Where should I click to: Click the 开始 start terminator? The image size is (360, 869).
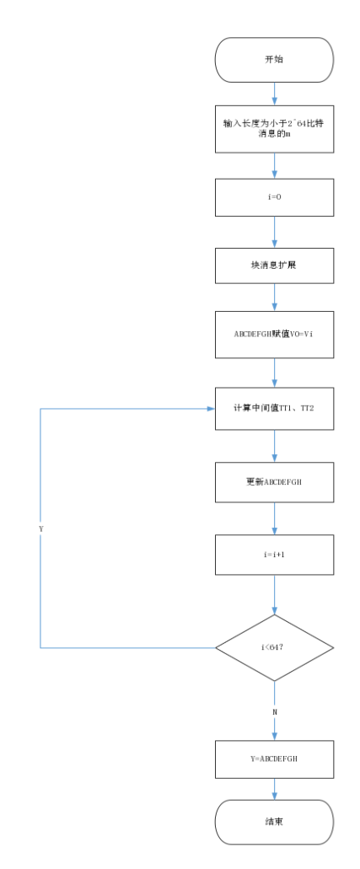pyautogui.click(x=274, y=60)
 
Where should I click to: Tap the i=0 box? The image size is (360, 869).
pyautogui.click(x=274, y=198)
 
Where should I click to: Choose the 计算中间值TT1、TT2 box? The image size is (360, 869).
pyautogui.click(x=274, y=408)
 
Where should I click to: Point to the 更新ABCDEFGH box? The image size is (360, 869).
pyautogui.click(x=274, y=483)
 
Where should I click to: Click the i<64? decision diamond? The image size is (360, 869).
pyautogui.click(x=274, y=647)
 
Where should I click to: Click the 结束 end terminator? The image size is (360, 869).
pyautogui.click(x=274, y=822)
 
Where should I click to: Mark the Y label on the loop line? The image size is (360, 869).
pyautogui.click(x=41, y=528)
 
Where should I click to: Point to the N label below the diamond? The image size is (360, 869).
pyautogui.click(x=274, y=712)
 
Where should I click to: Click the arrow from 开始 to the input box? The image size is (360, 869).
pyautogui.click(x=274, y=94)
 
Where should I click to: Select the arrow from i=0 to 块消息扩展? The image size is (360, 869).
pyautogui.click(x=274, y=233)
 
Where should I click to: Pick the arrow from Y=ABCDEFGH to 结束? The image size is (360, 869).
pyautogui.click(x=274, y=790)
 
